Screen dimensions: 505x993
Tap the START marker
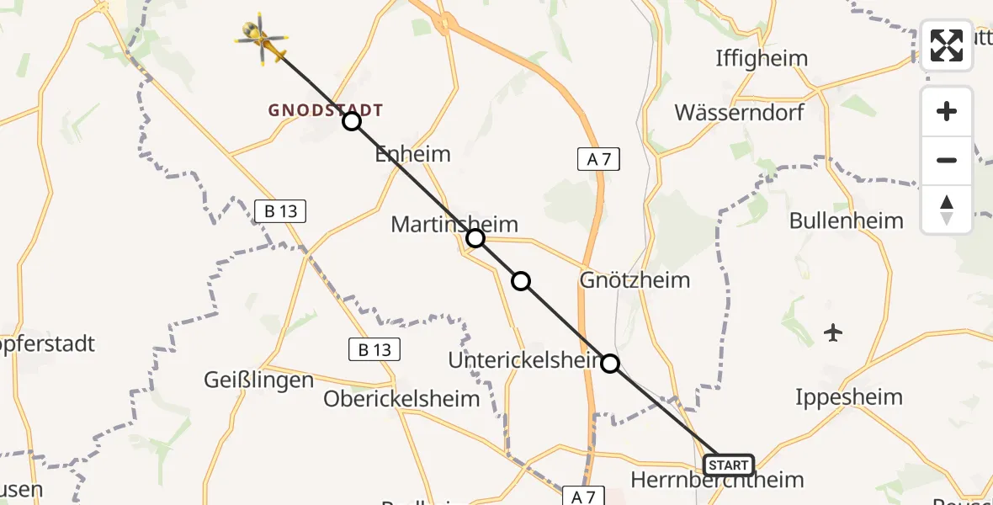coord(728,465)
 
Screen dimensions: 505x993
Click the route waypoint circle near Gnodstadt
coord(352,122)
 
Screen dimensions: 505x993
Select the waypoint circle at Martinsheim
coord(475,238)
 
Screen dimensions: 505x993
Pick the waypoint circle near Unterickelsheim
coord(610,364)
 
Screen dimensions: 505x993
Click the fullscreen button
coord(947,45)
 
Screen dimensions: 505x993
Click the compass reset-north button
coord(947,210)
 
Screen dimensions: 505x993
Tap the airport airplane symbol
coord(833,332)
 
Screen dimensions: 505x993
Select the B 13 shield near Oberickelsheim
coord(374,349)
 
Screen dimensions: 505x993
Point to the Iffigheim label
coord(761,59)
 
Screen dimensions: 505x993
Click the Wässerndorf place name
coord(739,112)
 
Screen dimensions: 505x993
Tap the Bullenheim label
coord(846,221)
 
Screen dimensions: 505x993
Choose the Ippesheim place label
coord(848,396)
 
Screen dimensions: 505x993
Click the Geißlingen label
coord(258,380)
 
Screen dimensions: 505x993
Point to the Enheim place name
coord(412,154)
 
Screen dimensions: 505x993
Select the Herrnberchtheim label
coord(717,481)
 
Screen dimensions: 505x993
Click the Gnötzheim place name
coord(635,279)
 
